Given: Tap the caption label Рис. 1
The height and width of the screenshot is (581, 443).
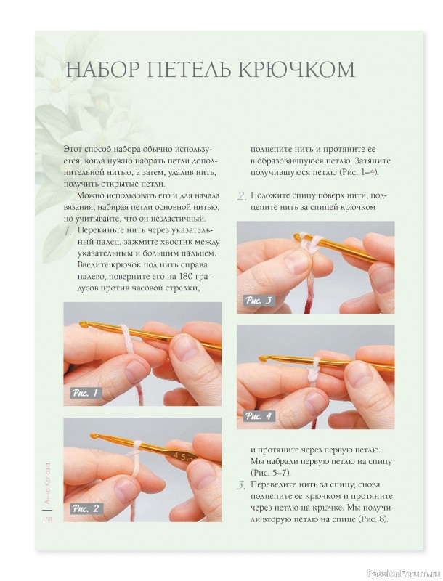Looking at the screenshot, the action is (86, 392).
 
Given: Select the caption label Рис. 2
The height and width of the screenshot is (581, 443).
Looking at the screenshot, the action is (86, 508).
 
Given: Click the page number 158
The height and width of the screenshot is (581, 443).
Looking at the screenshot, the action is (47, 519).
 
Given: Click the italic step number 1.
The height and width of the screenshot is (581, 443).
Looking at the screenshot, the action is (68, 232).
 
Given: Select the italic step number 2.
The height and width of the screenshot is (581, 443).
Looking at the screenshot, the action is (242, 196).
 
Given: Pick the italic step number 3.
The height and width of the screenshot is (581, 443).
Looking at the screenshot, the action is (241, 485).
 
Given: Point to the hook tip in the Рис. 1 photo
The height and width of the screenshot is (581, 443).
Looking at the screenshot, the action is (83, 325).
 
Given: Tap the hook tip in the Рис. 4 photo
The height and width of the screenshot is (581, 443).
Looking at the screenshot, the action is (262, 358).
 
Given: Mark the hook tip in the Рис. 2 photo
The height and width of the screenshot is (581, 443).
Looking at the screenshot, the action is (94, 435).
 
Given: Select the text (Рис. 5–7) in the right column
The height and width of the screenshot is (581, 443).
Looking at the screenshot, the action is (271, 474).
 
